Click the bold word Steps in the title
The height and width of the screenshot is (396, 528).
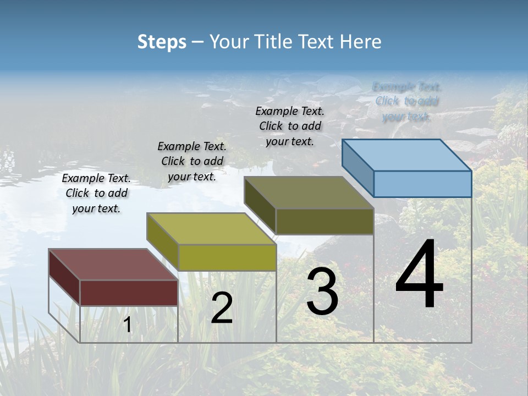(x=162, y=42)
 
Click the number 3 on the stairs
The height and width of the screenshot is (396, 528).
(x=322, y=291)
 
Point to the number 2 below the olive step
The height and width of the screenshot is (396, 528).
(x=222, y=308)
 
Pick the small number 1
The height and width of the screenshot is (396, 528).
(x=128, y=324)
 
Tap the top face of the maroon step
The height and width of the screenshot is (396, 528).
(x=113, y=264)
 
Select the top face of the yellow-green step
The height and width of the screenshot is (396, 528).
(x=211, y=228)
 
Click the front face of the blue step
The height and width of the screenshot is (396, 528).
(x=422, y=184)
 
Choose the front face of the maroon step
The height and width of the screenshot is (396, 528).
(x=129, y=293)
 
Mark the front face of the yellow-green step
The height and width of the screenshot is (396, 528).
(x=227, y=257)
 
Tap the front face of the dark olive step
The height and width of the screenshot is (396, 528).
(x=324, y=221)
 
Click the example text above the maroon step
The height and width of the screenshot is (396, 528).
(x=96, y=194)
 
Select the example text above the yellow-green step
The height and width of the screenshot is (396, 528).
(x=192, y=161)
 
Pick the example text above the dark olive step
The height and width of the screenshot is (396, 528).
(x=290, y=126)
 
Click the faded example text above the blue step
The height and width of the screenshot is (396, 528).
(x=406, y=101)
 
